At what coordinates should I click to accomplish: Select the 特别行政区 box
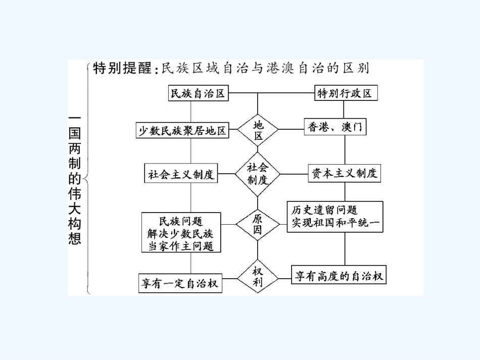pos(345,93)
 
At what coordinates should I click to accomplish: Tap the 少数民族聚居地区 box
pos(182,130)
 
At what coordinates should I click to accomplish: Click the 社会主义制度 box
pos(181,174)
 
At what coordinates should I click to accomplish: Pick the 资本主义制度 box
pos(345,174)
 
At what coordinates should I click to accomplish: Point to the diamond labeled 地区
pos(258,130)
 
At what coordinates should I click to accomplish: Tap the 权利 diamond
pos(258,277)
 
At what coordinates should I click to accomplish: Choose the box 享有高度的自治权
pos(339,276)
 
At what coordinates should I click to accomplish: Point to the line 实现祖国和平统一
pos(335,223)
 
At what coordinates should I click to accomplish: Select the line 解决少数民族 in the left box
pos(181,233)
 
